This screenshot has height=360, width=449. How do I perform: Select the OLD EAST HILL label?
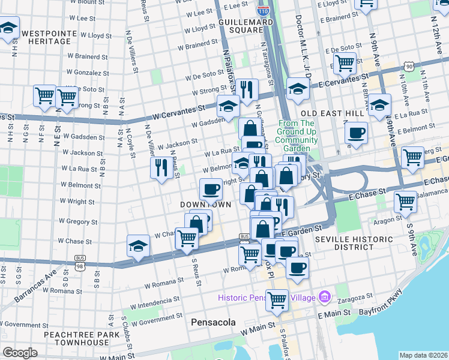pyautogui.click(x=332, y=113)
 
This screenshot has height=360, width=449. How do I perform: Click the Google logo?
pyautogui.click(x=19, y=353)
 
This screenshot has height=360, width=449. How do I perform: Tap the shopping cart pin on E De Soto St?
pyautogui.click(x=345, y=62)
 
